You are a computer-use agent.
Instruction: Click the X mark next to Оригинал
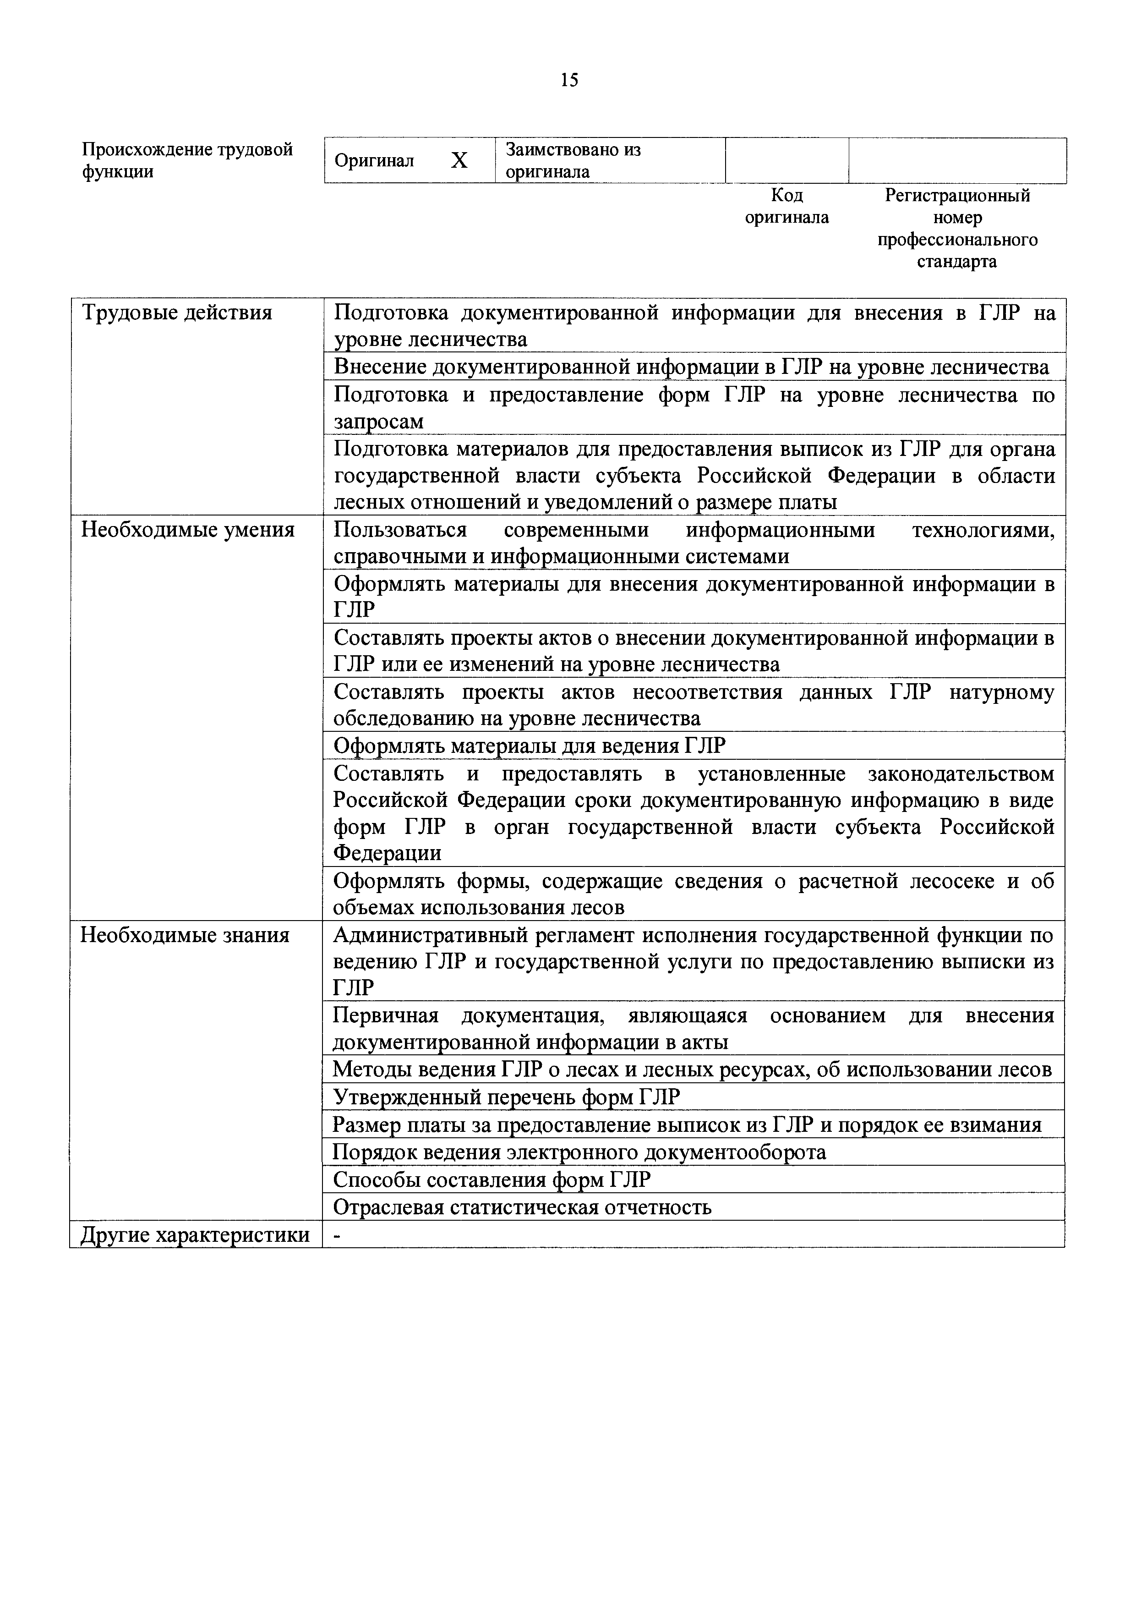click(459, 161)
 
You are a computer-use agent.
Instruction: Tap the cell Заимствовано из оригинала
click(573, 161)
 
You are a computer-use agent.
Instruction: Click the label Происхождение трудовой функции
click(187, 161)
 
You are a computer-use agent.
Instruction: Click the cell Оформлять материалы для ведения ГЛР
click(530, 746)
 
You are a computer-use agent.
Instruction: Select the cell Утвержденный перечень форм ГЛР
click(506, 1097)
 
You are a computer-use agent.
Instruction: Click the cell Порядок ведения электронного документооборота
click(579, 1152)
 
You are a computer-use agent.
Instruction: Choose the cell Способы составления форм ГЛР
click(492, 1180)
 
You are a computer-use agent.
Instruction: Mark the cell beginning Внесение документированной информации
click(690, 367)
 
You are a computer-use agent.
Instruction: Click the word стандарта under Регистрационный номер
click(956, 262)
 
